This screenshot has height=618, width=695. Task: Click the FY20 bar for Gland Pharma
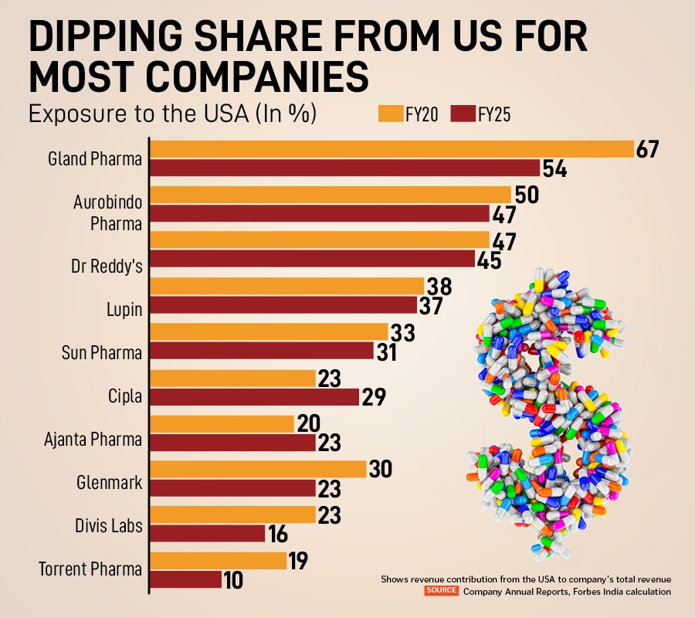[x=391, y=149]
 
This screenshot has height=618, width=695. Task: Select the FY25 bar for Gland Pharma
[x=344, y=168]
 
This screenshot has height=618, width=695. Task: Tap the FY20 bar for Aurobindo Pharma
[x=331, y=195]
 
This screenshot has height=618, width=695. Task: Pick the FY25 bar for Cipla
[x=255, y=397]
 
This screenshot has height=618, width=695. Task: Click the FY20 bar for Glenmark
[x=258, y=469]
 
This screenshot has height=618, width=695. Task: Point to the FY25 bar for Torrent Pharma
[x=185, y=579]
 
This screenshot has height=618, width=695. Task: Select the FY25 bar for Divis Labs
[x=208, y=534]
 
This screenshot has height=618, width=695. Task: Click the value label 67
[x=647, y=149]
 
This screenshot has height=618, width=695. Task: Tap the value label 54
[x=554, y=168]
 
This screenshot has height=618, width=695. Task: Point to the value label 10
[x=233, y=580]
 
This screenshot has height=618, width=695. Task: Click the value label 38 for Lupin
[x=438, y=287]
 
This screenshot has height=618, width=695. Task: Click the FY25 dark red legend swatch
[x=462, y=115]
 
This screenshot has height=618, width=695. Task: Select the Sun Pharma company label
[x=102, y=353]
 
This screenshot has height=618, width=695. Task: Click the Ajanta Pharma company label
[x=93, y=440]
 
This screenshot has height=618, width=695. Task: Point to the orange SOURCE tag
[x=442, y=591]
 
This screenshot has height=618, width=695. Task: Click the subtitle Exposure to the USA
[x=172, y=114]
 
